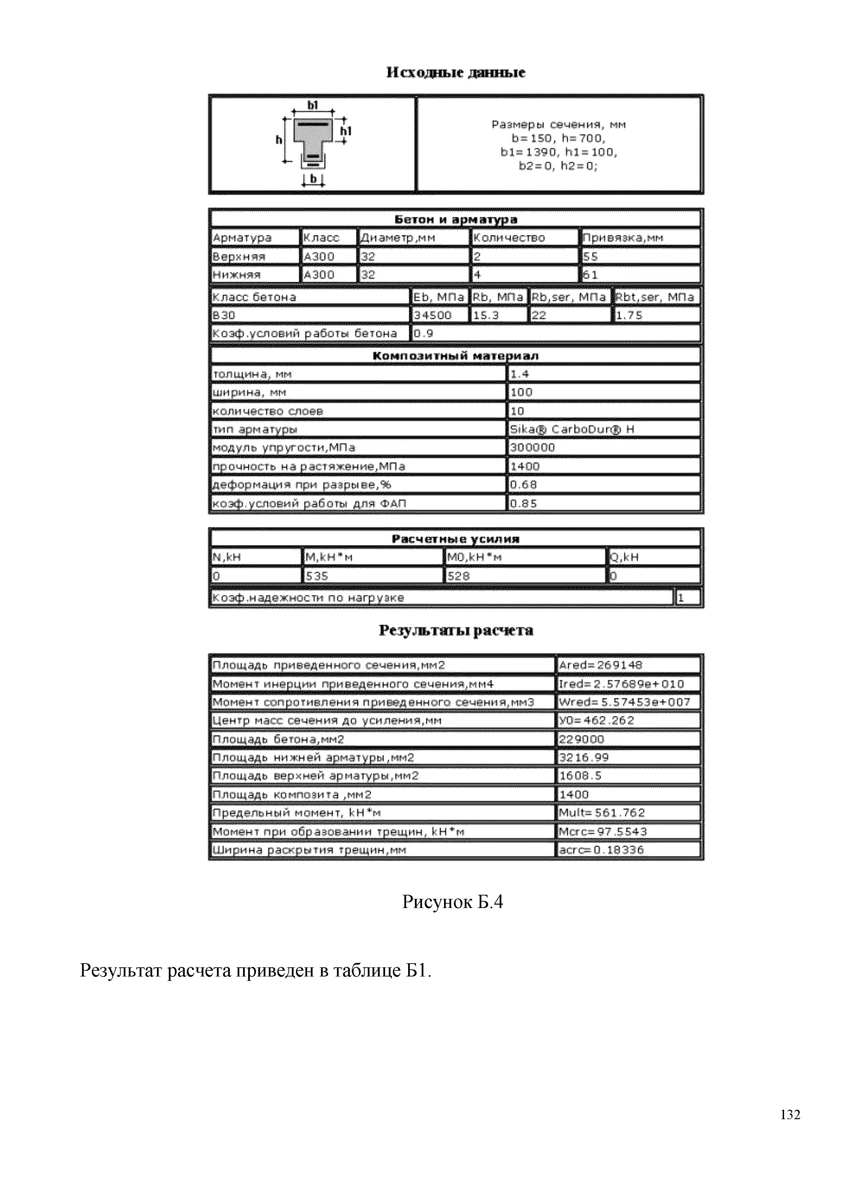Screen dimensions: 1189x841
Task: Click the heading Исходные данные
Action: [456, 73]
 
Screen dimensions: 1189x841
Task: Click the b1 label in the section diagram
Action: [313, 105]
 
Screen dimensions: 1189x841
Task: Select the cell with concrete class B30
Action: [310, 315]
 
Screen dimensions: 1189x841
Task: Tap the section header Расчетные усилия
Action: [456, 539]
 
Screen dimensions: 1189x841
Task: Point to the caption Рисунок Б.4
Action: [453, 902]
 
